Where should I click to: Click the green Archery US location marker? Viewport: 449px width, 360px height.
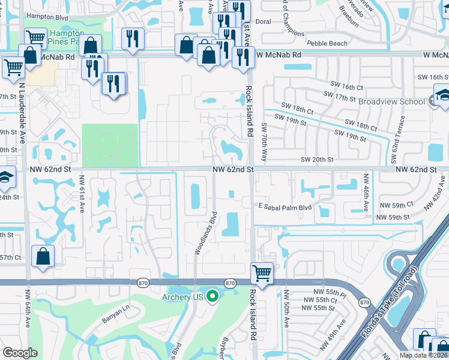[212, 296]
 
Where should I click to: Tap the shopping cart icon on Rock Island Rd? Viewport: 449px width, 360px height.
[262, 274]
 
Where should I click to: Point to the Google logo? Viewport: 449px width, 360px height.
[20, 353]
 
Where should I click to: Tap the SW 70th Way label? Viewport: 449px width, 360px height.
[264, 143]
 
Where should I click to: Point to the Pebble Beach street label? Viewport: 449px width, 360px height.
[327, 44]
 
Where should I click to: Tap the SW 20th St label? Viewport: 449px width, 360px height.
[316, 160]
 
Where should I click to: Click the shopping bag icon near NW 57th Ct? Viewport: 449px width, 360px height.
[44, 257]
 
